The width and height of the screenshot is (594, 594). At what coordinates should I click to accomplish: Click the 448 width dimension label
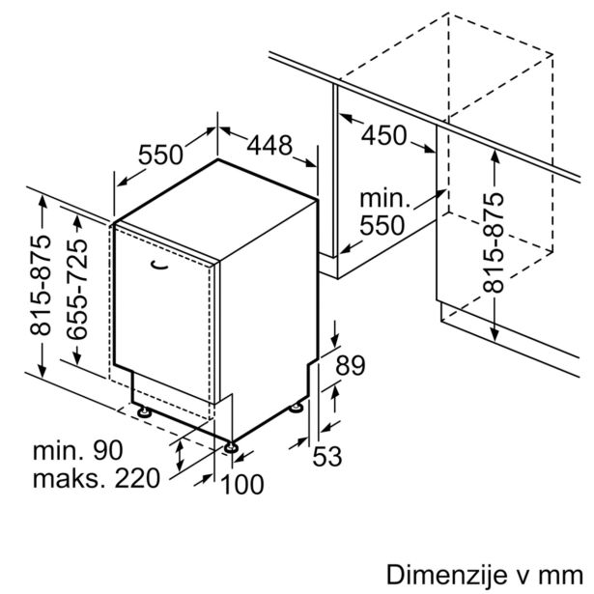tap(269, 145)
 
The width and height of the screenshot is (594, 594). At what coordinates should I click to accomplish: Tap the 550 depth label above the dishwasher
tap(161, 155)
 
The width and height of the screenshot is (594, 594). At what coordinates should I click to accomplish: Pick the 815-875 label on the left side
tap(41, 287)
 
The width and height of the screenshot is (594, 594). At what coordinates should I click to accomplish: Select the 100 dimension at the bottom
tap(241, 483)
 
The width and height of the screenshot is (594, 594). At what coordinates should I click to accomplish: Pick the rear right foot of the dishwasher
tap(295, 410)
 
